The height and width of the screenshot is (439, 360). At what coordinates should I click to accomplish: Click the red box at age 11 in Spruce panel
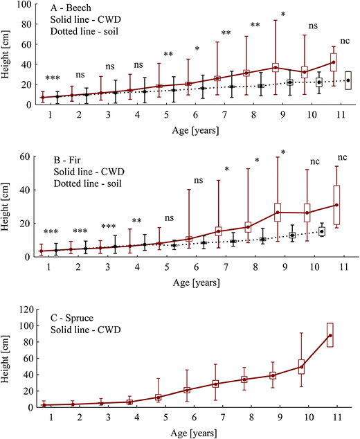click(330, 334)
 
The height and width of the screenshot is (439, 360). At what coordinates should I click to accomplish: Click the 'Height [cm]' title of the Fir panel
click(8, 206)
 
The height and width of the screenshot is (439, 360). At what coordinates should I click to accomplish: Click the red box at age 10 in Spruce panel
click(302, 367)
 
